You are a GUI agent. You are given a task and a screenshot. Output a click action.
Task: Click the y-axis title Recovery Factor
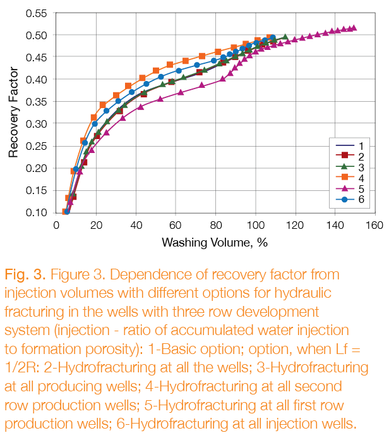13,111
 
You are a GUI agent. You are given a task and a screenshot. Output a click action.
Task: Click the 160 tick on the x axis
375,225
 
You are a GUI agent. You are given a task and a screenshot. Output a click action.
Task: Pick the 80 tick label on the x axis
216,225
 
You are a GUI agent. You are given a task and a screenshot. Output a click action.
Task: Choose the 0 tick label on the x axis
57,225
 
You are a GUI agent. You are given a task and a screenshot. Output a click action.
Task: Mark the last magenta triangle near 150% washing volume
354,28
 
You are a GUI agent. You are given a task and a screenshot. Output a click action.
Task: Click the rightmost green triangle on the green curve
285,37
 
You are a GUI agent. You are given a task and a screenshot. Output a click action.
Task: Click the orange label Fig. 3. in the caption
27,275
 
